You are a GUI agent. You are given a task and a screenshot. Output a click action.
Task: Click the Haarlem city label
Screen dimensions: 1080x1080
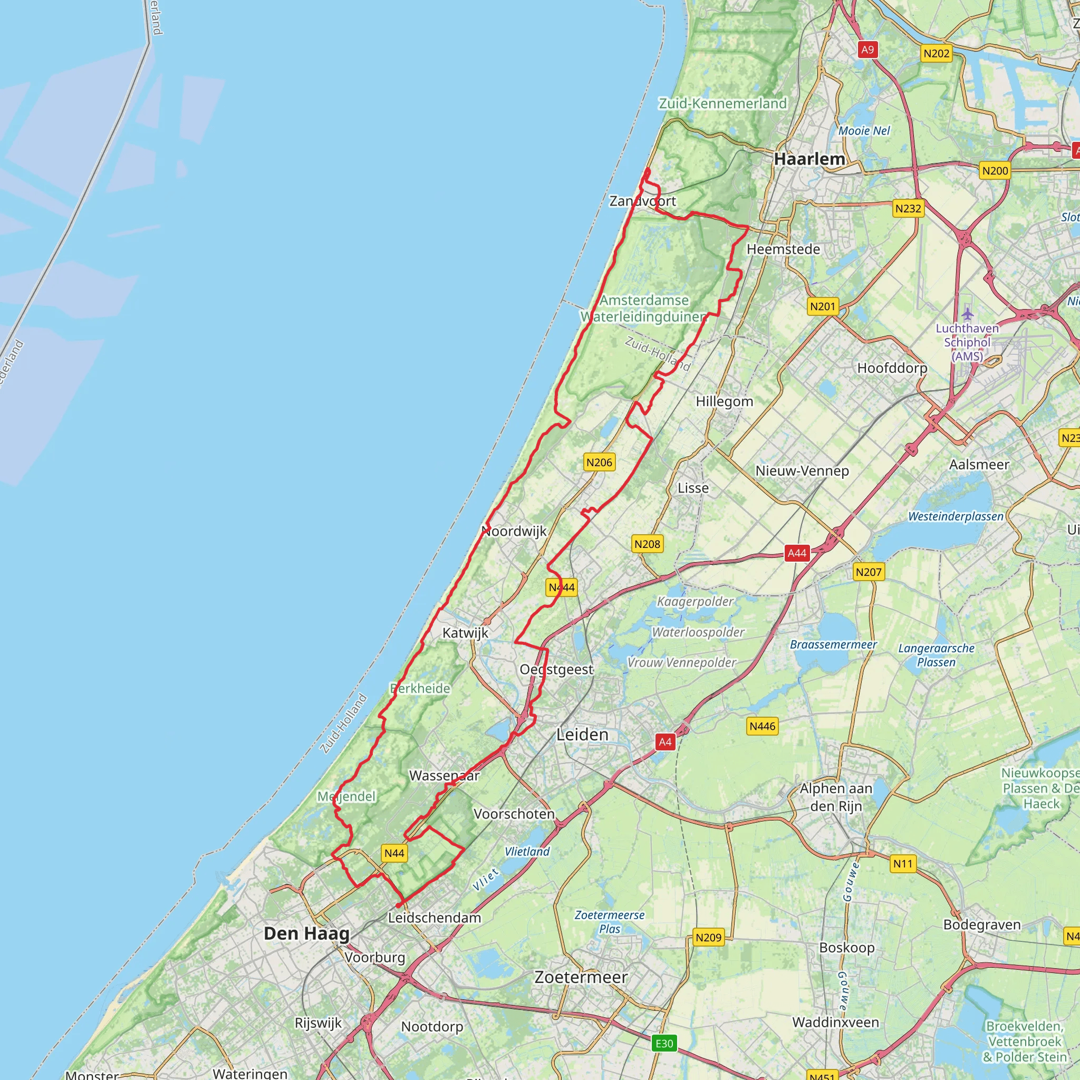pos(809,159)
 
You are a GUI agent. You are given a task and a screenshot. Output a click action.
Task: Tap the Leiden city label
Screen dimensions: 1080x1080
pos(582,735)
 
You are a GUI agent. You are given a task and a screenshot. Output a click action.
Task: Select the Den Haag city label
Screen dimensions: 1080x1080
pos(306,933)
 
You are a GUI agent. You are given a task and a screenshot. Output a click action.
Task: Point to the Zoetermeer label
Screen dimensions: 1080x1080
pos(581,977)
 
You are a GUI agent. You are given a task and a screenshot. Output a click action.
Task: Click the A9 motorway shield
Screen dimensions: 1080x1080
pos(867,50)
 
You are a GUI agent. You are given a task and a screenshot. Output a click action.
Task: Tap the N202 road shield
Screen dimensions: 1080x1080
pos(937,54)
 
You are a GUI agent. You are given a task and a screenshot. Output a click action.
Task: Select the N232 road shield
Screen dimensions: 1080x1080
pos(908,208)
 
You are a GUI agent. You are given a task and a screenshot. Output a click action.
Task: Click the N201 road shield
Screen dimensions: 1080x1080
pos(822,306)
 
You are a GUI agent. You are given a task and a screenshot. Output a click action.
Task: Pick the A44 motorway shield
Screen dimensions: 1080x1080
pos(797,553)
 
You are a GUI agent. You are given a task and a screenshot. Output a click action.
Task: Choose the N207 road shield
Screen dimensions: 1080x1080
pos(868,572)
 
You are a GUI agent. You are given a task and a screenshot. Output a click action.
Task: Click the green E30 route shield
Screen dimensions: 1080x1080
pos(664,1043)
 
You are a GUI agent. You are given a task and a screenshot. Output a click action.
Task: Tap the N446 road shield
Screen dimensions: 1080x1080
pos(763,726)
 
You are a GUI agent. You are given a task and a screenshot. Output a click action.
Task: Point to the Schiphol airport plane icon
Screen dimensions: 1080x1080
pos(967,314)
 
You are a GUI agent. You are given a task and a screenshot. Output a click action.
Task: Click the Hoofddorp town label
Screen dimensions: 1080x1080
pos(892,368)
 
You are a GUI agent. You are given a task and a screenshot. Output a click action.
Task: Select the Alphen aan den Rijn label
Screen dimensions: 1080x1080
pos(836,797)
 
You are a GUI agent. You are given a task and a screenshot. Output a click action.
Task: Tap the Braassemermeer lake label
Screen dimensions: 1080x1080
pos(833,644)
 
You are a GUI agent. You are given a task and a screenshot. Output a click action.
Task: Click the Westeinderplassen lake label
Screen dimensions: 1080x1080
pos(956,516)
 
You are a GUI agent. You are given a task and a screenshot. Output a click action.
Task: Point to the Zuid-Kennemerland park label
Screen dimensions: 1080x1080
pos(722,103)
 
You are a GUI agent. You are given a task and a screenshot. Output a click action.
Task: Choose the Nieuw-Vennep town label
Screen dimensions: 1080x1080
pos(802,471)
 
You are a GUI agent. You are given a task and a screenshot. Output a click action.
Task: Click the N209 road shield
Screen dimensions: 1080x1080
pos(708,938)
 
